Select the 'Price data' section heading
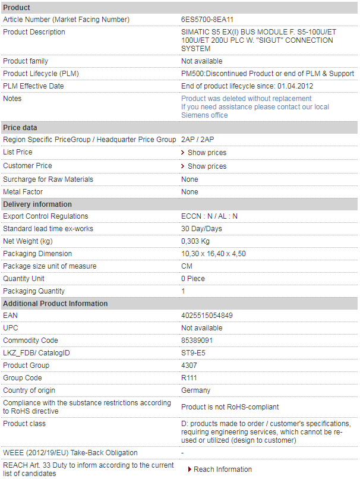[20, 127]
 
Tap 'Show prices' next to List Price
[207, 153]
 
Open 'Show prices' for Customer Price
[207, 166]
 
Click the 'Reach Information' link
[223, 469]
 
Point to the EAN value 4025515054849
[207, 316]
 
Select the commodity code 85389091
[197, 341]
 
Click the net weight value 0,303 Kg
[195, 241]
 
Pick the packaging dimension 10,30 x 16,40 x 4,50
[213, 254]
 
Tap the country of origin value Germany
[195, 390]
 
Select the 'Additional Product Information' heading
[55, 304]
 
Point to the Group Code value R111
[189, 378]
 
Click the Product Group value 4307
[189, 365]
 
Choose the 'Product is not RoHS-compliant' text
[230, 407]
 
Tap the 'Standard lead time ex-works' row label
[48, 229]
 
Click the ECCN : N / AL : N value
[209, 216]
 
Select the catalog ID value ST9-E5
[193, 353]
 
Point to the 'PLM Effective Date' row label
[33, 86]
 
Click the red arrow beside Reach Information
[190, 469]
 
